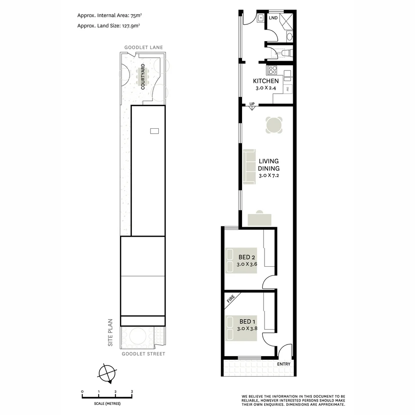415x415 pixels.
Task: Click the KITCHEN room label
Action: pos(266,81)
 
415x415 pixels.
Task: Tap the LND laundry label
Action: pos(273,18)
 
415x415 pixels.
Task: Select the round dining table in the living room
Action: pos(274,125)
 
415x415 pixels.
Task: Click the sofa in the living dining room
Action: pos(249,166)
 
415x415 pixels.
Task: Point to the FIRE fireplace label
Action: pos(231,299)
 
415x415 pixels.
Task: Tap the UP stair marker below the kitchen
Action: pos(252,104)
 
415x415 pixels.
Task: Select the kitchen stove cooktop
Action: pos(272,70)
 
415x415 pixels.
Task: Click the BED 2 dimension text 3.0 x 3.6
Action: pos(247,264)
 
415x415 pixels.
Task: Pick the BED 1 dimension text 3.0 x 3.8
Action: pos(247,329)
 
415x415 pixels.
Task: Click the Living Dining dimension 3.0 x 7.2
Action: pos(269,176)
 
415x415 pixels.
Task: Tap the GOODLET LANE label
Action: pos(143,48)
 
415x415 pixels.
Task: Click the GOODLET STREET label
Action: pos(143,354)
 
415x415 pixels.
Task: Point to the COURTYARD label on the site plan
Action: pos(143,77)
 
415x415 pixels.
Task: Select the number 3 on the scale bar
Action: pos(132,392)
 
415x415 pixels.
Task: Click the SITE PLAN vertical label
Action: pos(110,333)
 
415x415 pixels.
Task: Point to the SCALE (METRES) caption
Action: pos(107,403)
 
